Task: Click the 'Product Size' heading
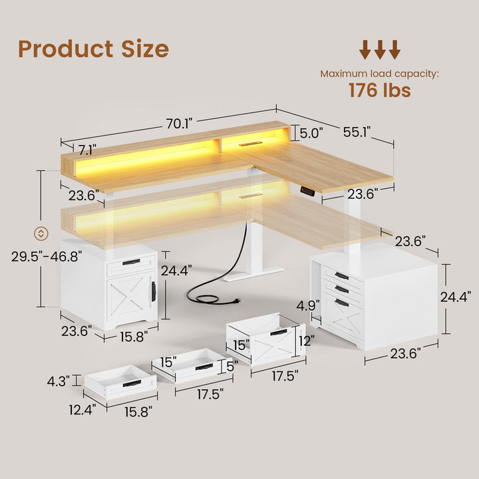coord(93,49)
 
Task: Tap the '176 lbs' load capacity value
coord(379,90)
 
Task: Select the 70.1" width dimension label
coord(179,123)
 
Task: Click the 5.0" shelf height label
coord(311,133)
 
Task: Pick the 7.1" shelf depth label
coord(87,148)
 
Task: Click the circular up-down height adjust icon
coord(41,233)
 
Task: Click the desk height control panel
coord(307,190)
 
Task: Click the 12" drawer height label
coord(306,341)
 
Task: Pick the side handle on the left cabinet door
coord(153,291)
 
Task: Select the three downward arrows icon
coord(380,50)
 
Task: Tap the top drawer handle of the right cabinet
coord(341,275)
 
